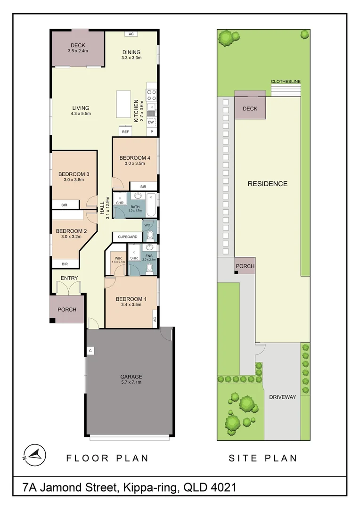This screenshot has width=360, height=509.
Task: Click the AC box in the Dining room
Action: coord(131,34)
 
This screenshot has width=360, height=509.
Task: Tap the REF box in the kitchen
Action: coord(125,132)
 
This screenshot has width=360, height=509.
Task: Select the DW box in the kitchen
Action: coord(151,122)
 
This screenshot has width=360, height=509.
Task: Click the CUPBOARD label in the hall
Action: coord(127,237)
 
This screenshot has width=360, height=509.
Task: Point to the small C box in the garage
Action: coord(90,351)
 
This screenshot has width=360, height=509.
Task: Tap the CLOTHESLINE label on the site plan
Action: coord(286,82)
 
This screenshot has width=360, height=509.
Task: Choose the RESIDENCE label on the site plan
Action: coord(267,184)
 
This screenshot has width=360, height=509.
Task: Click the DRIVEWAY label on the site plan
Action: coord(283,397)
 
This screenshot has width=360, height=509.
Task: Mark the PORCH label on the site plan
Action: coord(245,266)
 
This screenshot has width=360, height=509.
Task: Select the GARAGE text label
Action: coord(131,377)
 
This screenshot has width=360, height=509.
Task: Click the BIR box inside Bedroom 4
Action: coord(143,187)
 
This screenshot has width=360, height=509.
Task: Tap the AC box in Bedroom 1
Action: coord(154,320)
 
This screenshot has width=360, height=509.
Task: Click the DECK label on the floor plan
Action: coord(78,45)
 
